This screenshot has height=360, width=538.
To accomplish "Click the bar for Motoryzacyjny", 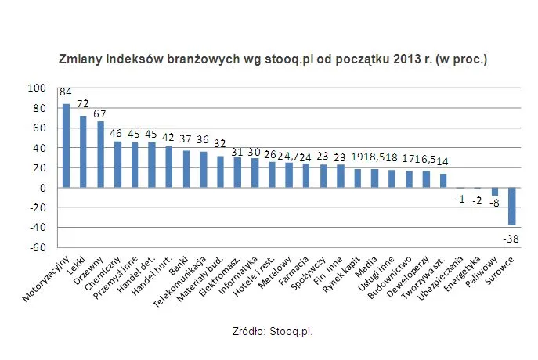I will click(x=66, y=146).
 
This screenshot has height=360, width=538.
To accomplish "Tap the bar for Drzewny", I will click(x=100, y=155).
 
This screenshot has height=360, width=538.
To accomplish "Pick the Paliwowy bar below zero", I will click(x=493, y=192).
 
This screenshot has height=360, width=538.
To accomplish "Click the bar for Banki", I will click(x=186, y=169).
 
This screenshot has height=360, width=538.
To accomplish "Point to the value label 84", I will click(x=66, y=92).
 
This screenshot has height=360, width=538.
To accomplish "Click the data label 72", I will click(x=83, y=104).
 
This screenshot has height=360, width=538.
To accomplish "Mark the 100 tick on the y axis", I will click(x=38, y=88).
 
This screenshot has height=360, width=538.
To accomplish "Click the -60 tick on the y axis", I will click(x=38, y=248).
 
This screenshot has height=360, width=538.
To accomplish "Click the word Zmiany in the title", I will click(x=80, y=59).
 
